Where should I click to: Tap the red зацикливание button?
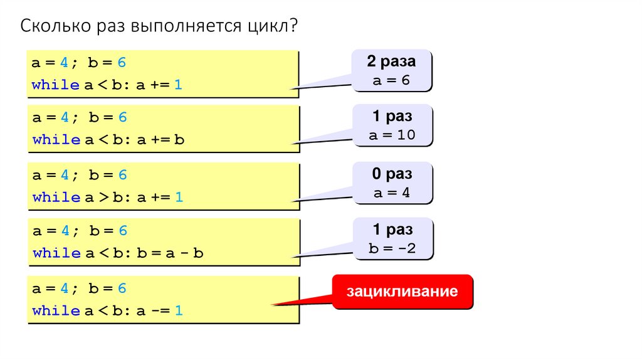coord(403,292)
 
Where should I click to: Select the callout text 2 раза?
coord(391,61)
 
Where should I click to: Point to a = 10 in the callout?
coord(391,135)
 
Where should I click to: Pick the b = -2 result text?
coord(392,248)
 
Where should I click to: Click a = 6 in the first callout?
coord(391,80)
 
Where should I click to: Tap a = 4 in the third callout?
coord(391,193)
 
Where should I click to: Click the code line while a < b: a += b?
coord(108,140)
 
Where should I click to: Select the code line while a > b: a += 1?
coord(107,197)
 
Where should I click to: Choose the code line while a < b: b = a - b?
coord(118,253)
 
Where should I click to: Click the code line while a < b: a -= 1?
coord(107,310)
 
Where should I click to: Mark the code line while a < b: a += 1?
coord(107,85)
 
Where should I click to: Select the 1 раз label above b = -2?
coord(392,230)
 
